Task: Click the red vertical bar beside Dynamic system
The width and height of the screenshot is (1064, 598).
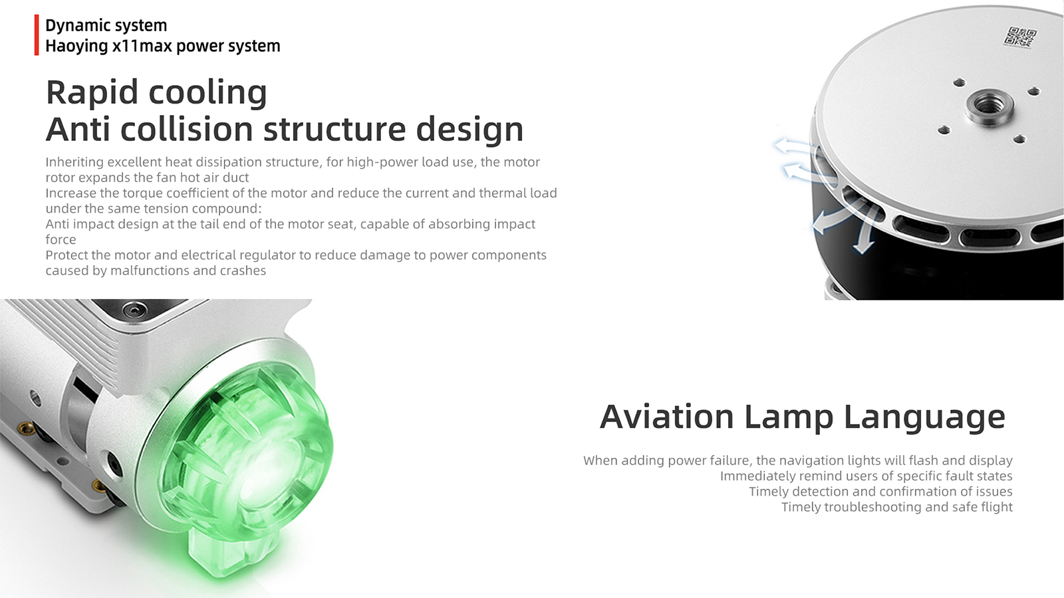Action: point(37,35)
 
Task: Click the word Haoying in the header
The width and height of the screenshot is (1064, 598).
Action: point(76,47)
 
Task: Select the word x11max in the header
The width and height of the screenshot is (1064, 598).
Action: point(142,46)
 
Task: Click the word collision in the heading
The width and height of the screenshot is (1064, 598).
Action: point(186,129)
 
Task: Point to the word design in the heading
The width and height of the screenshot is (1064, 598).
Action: point(469,130)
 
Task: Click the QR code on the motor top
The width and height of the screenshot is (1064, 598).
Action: point(1020,38)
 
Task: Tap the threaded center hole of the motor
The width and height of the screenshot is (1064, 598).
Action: point(990,105)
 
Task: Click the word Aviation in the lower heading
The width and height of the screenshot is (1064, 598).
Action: point(666,417)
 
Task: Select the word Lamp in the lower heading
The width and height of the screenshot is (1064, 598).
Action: point(789,418)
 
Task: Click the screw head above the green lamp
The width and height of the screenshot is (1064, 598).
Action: point(134,310)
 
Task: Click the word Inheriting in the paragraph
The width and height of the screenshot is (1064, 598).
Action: point(74,162)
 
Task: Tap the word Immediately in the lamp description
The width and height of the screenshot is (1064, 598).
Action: point(757,476)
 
